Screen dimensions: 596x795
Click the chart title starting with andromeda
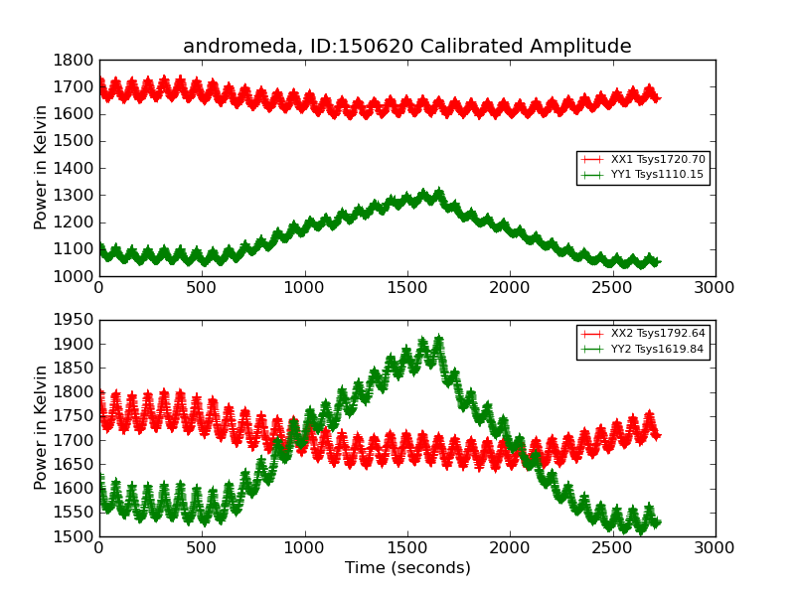(406, 47)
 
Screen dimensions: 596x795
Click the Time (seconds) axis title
(407, 568)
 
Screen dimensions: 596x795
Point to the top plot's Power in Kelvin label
(41, 168)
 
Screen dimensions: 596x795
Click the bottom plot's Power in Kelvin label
(41, 427)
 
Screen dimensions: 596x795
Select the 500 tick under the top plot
(202, 287)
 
